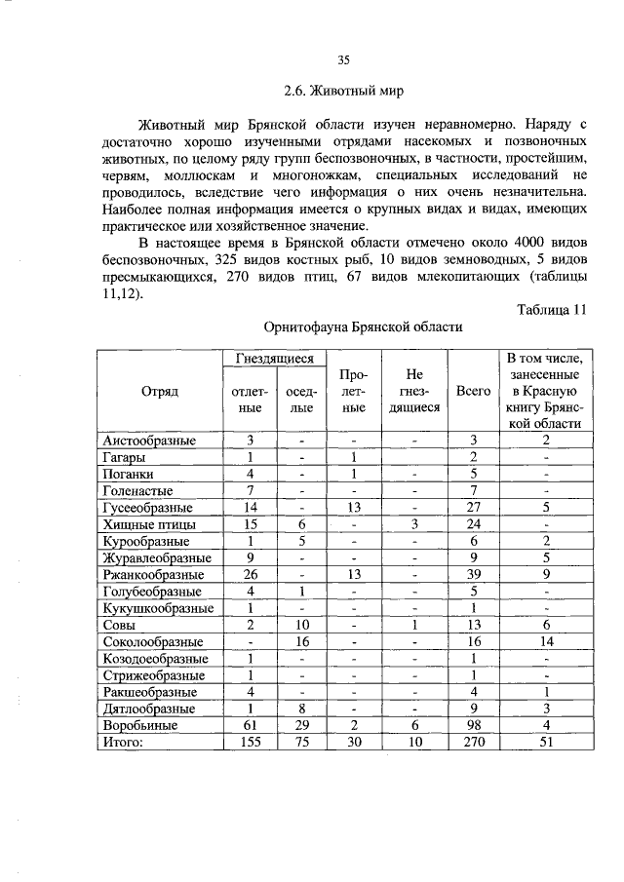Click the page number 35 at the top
click(343, 60)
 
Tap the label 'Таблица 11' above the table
click(552, 310)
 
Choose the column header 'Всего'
click(473, 390)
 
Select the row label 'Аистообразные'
click(149, 441)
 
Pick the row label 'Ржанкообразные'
click(153, 575)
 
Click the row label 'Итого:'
click(123, 743)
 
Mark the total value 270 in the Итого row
click(473, 743)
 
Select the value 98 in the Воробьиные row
click(473, 726)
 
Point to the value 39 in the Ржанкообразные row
click(473, 575)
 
